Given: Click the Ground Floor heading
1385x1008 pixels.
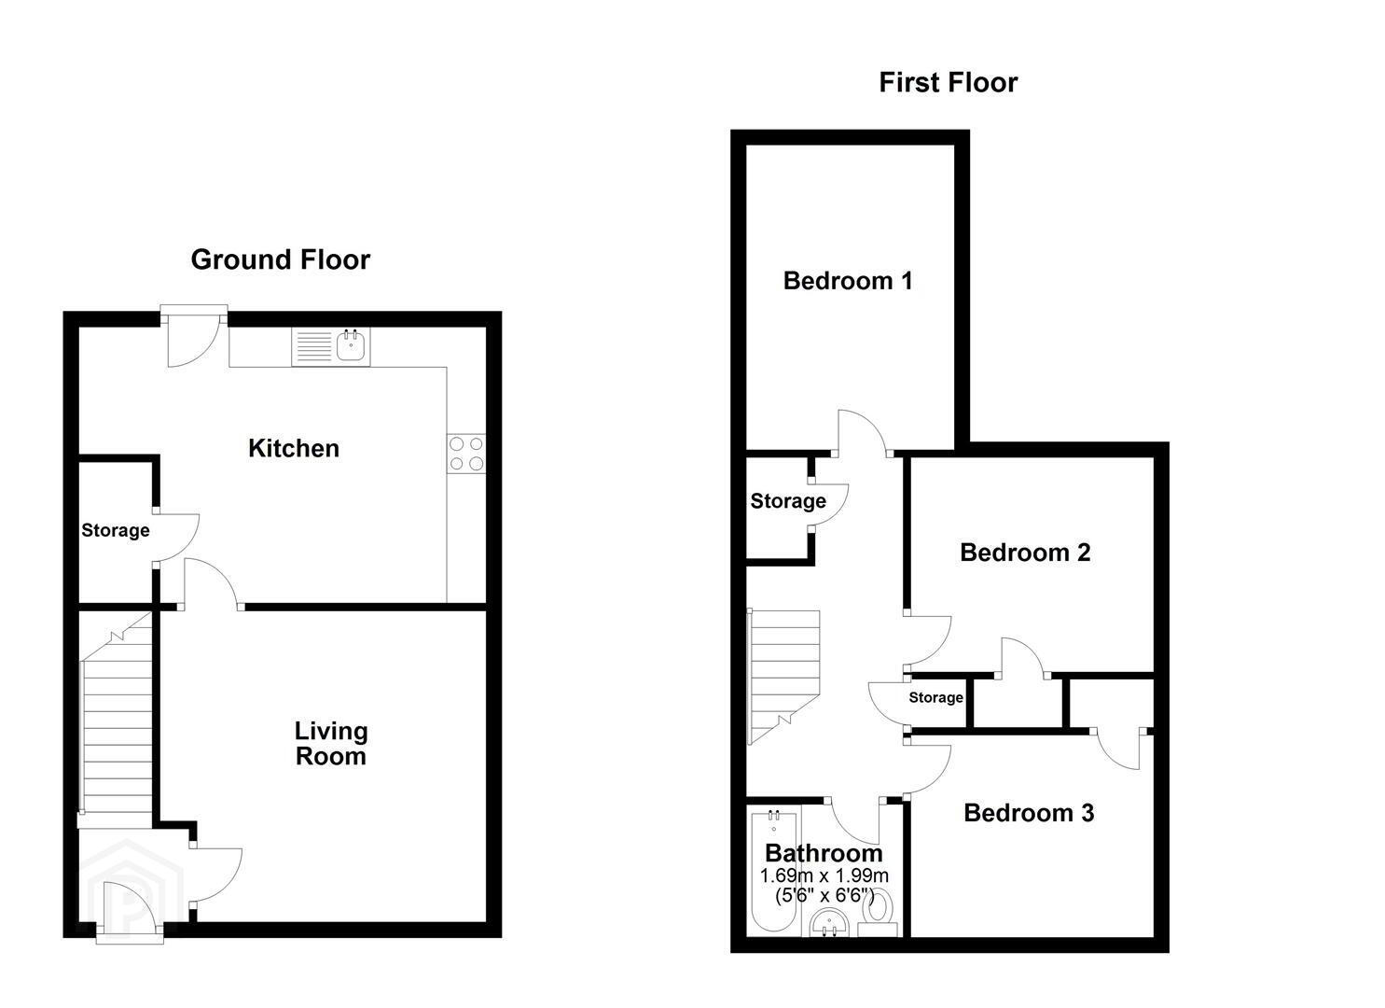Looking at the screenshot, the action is (x=280, y=259).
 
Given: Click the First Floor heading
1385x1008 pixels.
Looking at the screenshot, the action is (x=948, y=83).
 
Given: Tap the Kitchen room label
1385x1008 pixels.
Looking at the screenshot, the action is (x=294, y=449).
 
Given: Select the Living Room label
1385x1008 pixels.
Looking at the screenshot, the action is (x=331, y=743).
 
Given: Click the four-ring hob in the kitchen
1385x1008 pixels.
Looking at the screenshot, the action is (x=466, y=454).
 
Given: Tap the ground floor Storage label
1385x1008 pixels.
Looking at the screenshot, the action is (x=116, y=530).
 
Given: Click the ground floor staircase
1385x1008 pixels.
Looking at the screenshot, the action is (x=117, y=719).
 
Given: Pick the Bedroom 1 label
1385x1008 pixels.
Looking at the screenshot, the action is (x=848, y=281).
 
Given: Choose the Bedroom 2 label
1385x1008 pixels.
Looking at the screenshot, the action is (x=1025, y=553).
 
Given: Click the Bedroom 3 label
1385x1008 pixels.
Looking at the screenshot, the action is (x=1029, y=812).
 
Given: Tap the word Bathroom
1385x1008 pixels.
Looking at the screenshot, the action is (x=824, y=853).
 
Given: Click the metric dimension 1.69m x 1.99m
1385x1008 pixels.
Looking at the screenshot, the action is (x=824, y=875).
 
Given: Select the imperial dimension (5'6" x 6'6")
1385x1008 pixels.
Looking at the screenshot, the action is (x=824, y=896).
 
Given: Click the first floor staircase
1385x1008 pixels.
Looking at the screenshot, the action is (x=783, y=677).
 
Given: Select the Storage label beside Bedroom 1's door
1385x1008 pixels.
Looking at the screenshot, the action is (x=788, y=501).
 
